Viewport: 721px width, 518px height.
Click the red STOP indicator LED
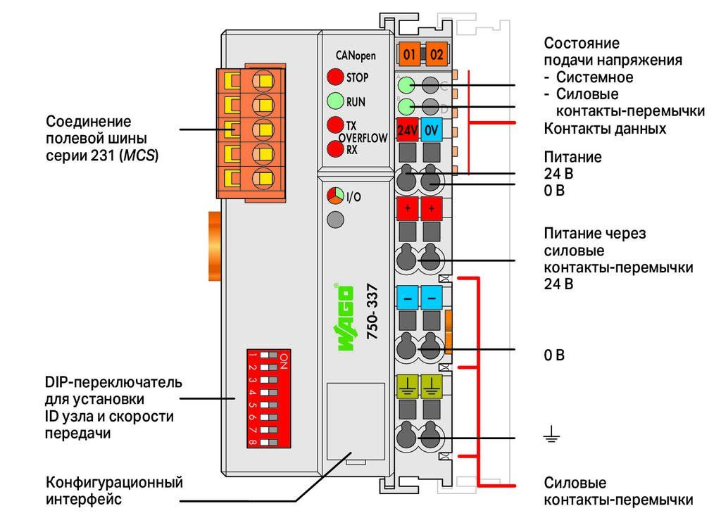[x=335, y=77]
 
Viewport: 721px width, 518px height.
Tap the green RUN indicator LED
[x=335, y=101]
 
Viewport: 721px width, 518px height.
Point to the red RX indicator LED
[x=335, y=149]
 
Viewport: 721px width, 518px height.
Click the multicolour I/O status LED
[x=335, y=196]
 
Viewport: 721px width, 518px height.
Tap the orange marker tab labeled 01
[x=409, y=55]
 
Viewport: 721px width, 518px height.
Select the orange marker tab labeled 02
[x=437, y=55]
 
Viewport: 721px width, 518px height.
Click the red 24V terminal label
[x=407, y=129]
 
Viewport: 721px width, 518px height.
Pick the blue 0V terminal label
[x=432, y=129]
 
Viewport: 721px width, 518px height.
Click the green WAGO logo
[x=345, y=317]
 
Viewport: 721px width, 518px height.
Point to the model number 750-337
[x=372, y=312]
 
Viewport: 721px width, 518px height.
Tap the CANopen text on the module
[x=356, y=56]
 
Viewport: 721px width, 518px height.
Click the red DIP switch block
[x=268, y=398]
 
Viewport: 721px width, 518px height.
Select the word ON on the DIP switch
[x=284, y=361]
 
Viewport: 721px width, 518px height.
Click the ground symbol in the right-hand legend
[x=551, y=434]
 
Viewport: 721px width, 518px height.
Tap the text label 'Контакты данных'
[x=605, y=129]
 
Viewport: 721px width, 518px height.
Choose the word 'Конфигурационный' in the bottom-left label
[x=115, y=482]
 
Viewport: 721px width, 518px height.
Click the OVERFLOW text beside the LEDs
[x=363, y=138]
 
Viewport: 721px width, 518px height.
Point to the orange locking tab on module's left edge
[x=214, y=246]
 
